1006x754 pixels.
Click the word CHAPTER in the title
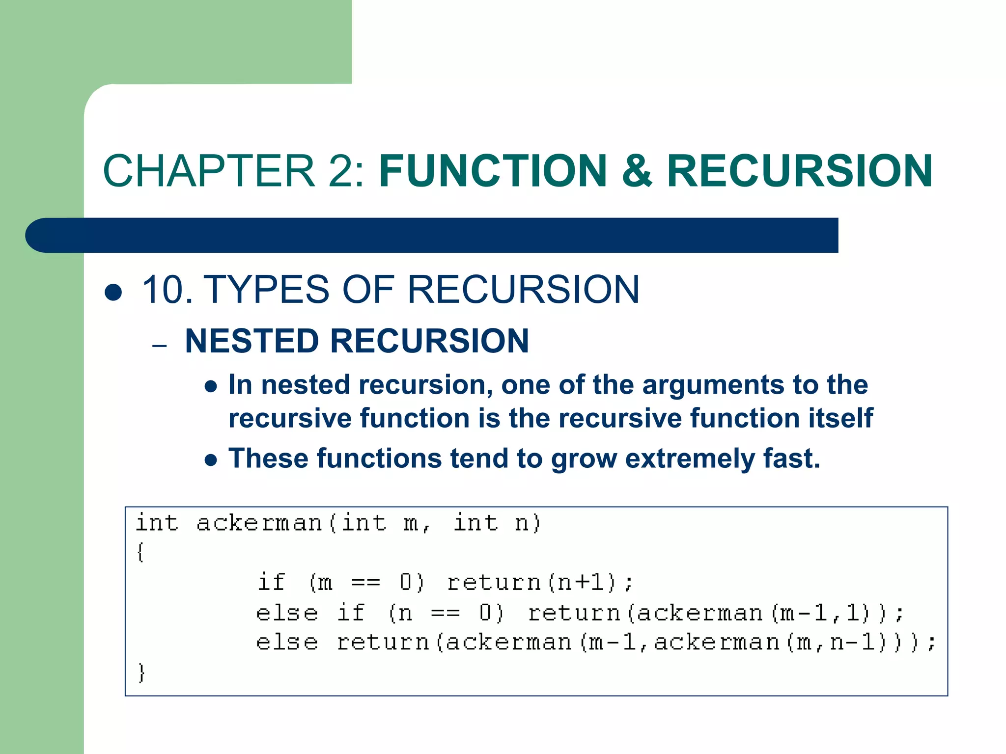209,171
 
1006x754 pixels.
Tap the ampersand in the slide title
637,171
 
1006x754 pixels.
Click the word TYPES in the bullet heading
266,290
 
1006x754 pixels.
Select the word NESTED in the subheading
251,341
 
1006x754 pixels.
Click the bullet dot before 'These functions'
211,460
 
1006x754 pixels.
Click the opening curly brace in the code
140,553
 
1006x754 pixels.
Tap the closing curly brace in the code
141,673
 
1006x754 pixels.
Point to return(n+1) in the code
539,583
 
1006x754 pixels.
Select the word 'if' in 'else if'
351,613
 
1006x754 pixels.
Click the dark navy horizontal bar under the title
432,235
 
